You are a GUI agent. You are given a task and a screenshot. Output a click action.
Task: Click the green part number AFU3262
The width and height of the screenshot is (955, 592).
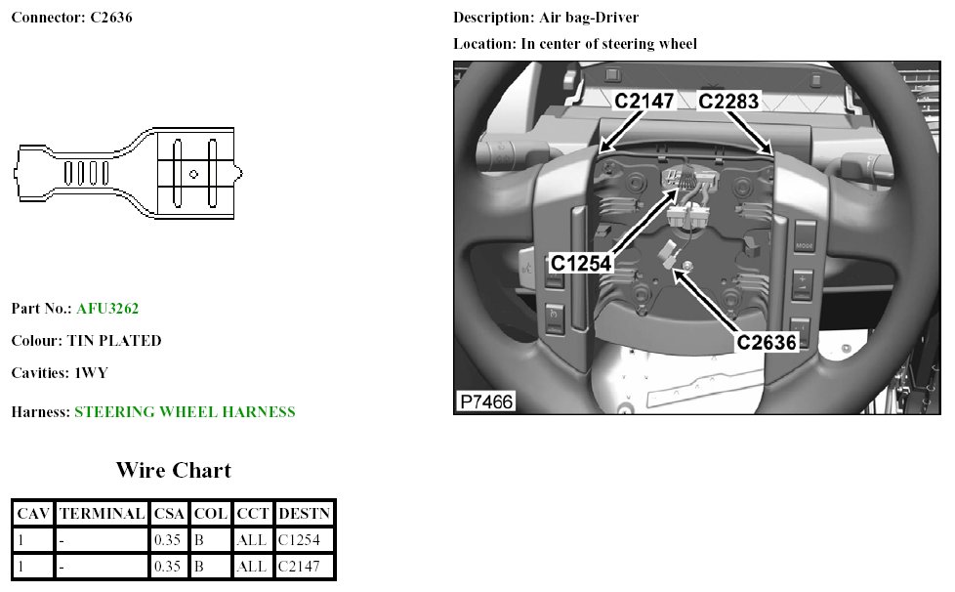107,309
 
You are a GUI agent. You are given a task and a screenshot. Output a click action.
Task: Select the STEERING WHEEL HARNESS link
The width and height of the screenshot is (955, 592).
185,412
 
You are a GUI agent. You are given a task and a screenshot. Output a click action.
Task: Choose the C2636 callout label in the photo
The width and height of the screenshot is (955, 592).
768,342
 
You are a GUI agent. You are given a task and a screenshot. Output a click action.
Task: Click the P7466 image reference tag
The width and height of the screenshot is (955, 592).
485,402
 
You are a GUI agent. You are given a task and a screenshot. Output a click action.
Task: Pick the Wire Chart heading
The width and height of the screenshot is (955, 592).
174,470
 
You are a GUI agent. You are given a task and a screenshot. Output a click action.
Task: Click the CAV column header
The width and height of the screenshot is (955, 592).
33,513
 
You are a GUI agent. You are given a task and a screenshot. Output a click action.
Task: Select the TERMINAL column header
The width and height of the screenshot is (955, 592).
102,513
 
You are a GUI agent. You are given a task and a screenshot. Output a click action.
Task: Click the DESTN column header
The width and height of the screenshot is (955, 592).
305,513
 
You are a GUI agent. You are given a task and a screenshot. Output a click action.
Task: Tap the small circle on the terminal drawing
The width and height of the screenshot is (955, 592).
193,174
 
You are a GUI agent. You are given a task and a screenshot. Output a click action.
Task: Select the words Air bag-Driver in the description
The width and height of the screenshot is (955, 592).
589,19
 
